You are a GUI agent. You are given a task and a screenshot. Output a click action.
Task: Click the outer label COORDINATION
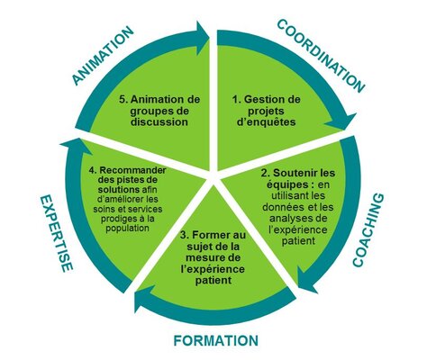[321, 56]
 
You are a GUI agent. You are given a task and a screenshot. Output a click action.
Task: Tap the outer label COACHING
[368, 230]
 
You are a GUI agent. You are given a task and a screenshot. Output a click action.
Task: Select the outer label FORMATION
[216, 341]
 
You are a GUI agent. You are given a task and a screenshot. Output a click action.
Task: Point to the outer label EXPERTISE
[57, 233]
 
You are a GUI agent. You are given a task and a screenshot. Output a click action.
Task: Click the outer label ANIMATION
[103, 56]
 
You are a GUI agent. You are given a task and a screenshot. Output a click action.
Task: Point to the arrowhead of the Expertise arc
[74, 147]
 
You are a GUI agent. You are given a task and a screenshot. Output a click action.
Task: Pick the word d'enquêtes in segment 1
[266, 122]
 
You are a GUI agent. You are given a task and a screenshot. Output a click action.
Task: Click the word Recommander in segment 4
[132, 170]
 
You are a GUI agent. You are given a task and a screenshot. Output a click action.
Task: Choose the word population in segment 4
[127, 228]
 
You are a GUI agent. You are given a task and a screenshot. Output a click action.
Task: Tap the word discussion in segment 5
[159, 122]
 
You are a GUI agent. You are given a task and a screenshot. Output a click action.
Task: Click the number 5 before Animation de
[122, 99]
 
